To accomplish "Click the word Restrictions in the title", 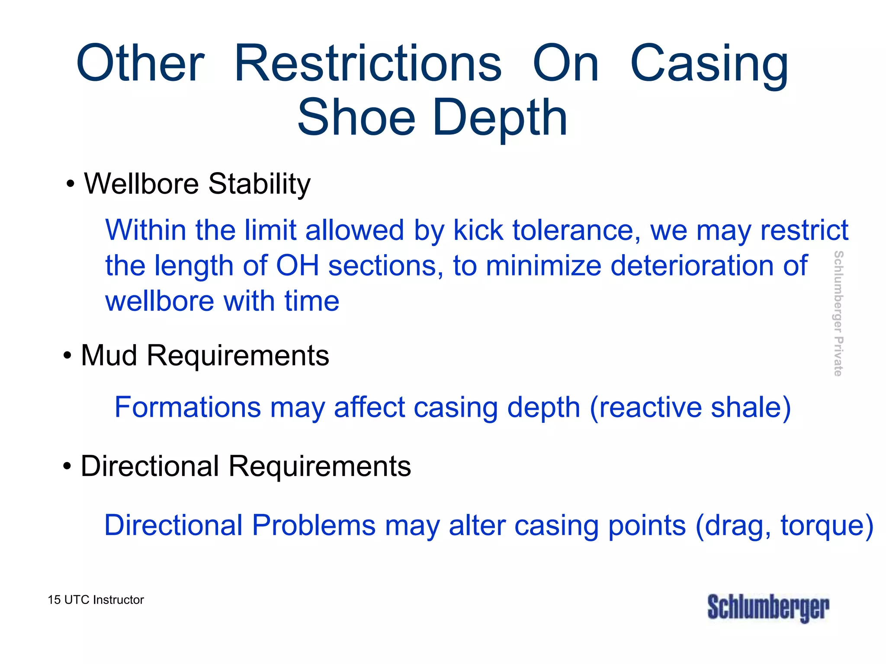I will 368,64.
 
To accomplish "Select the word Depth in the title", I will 500,118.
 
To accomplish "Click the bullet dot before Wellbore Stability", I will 71,185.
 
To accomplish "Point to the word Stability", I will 259,184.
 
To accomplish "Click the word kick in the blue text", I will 478,230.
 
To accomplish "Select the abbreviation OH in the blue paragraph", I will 297,265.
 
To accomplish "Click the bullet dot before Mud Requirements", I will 67,356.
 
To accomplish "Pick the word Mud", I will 109,355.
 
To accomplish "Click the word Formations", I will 188,407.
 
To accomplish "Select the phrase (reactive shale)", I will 690,407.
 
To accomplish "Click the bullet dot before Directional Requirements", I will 67,467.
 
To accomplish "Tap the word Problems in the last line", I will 314,526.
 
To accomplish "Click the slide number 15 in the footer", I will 54,600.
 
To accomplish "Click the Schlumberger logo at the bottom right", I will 768,607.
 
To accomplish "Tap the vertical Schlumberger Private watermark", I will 838,313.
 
